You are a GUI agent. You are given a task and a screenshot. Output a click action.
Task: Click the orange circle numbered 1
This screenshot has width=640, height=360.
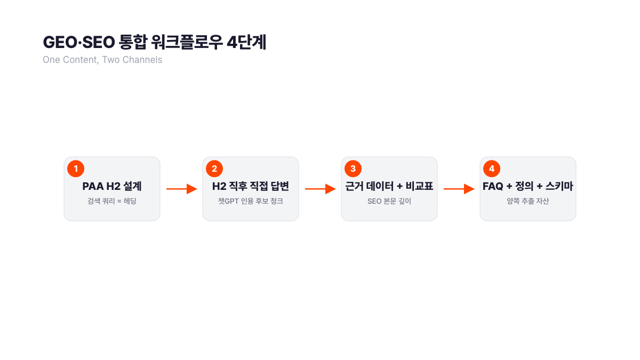coord(76,169)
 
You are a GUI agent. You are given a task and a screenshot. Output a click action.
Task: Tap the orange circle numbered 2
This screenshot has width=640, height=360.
coord(214,169)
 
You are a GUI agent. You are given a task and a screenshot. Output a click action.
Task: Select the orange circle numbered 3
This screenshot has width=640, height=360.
coord(353,169)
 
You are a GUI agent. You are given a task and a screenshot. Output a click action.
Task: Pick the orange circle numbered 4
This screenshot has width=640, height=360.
coord(492,169)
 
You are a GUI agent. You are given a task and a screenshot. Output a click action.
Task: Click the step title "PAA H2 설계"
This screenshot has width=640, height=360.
coord(112,187)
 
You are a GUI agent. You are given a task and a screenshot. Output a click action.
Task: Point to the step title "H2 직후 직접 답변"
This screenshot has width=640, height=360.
coord(251,187)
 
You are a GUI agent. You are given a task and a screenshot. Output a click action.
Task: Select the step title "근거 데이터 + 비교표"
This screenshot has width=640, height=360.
coord(389,187)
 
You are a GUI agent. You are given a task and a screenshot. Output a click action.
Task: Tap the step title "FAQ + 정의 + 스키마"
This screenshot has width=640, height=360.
coord(528,187)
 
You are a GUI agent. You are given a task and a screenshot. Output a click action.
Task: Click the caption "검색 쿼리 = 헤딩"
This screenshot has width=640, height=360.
coord(112,202)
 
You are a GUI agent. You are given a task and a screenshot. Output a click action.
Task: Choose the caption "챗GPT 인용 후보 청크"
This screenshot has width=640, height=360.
coord(251,202)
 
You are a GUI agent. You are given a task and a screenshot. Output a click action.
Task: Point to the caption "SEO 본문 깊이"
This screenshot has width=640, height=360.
coord(389,202)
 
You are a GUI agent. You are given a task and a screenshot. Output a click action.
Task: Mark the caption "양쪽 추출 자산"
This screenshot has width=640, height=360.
coord(528,202)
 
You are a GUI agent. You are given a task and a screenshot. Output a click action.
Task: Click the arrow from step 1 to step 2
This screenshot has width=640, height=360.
coord(181,189)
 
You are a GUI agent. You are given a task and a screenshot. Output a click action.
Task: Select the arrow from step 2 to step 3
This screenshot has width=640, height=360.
coord(320,189)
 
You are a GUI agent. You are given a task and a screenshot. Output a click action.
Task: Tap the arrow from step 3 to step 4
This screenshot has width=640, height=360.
coord(459,189)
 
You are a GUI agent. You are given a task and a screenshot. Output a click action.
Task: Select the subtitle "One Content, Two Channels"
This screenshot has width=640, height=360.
coord(102,60)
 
